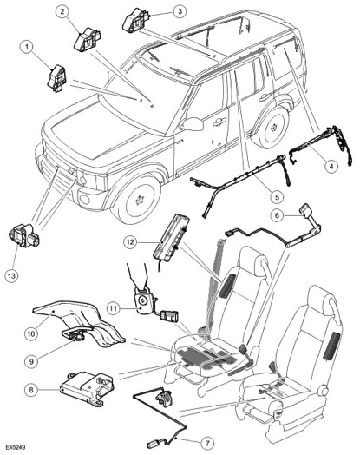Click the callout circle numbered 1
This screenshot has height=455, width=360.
[27, 47]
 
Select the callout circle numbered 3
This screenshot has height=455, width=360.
[180, 11]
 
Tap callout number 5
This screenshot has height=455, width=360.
[278, 197]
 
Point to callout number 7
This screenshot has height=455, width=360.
[207, 443]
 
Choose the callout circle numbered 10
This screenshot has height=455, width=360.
[30, 333]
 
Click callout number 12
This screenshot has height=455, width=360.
[130, 241]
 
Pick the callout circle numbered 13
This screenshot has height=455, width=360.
[11, 275]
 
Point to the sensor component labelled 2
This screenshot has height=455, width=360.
[87, 39]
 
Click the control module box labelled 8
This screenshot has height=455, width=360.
[87, 387]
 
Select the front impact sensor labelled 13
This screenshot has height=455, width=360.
[24, 235]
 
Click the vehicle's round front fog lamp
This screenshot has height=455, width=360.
[85, 200]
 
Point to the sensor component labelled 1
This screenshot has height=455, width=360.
[57, 78]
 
